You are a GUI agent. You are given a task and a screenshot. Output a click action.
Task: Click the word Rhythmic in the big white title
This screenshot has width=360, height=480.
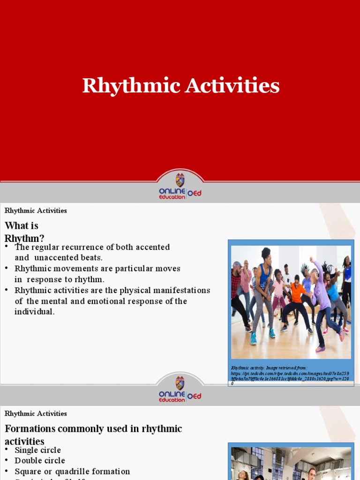131,86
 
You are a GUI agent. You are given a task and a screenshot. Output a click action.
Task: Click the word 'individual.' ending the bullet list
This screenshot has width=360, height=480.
34,312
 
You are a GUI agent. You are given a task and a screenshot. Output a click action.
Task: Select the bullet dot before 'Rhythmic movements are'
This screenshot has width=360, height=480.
7,268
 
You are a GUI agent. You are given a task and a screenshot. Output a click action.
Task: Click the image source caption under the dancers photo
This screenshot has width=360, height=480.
291,375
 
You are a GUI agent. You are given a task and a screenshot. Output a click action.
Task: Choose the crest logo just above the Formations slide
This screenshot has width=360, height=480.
180,383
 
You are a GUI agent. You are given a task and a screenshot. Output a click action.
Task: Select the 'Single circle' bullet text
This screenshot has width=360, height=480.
37,450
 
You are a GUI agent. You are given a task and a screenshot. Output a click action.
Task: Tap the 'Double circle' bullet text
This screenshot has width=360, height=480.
40,461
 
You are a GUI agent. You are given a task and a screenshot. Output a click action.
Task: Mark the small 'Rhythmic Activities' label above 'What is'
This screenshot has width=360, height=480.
36,210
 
